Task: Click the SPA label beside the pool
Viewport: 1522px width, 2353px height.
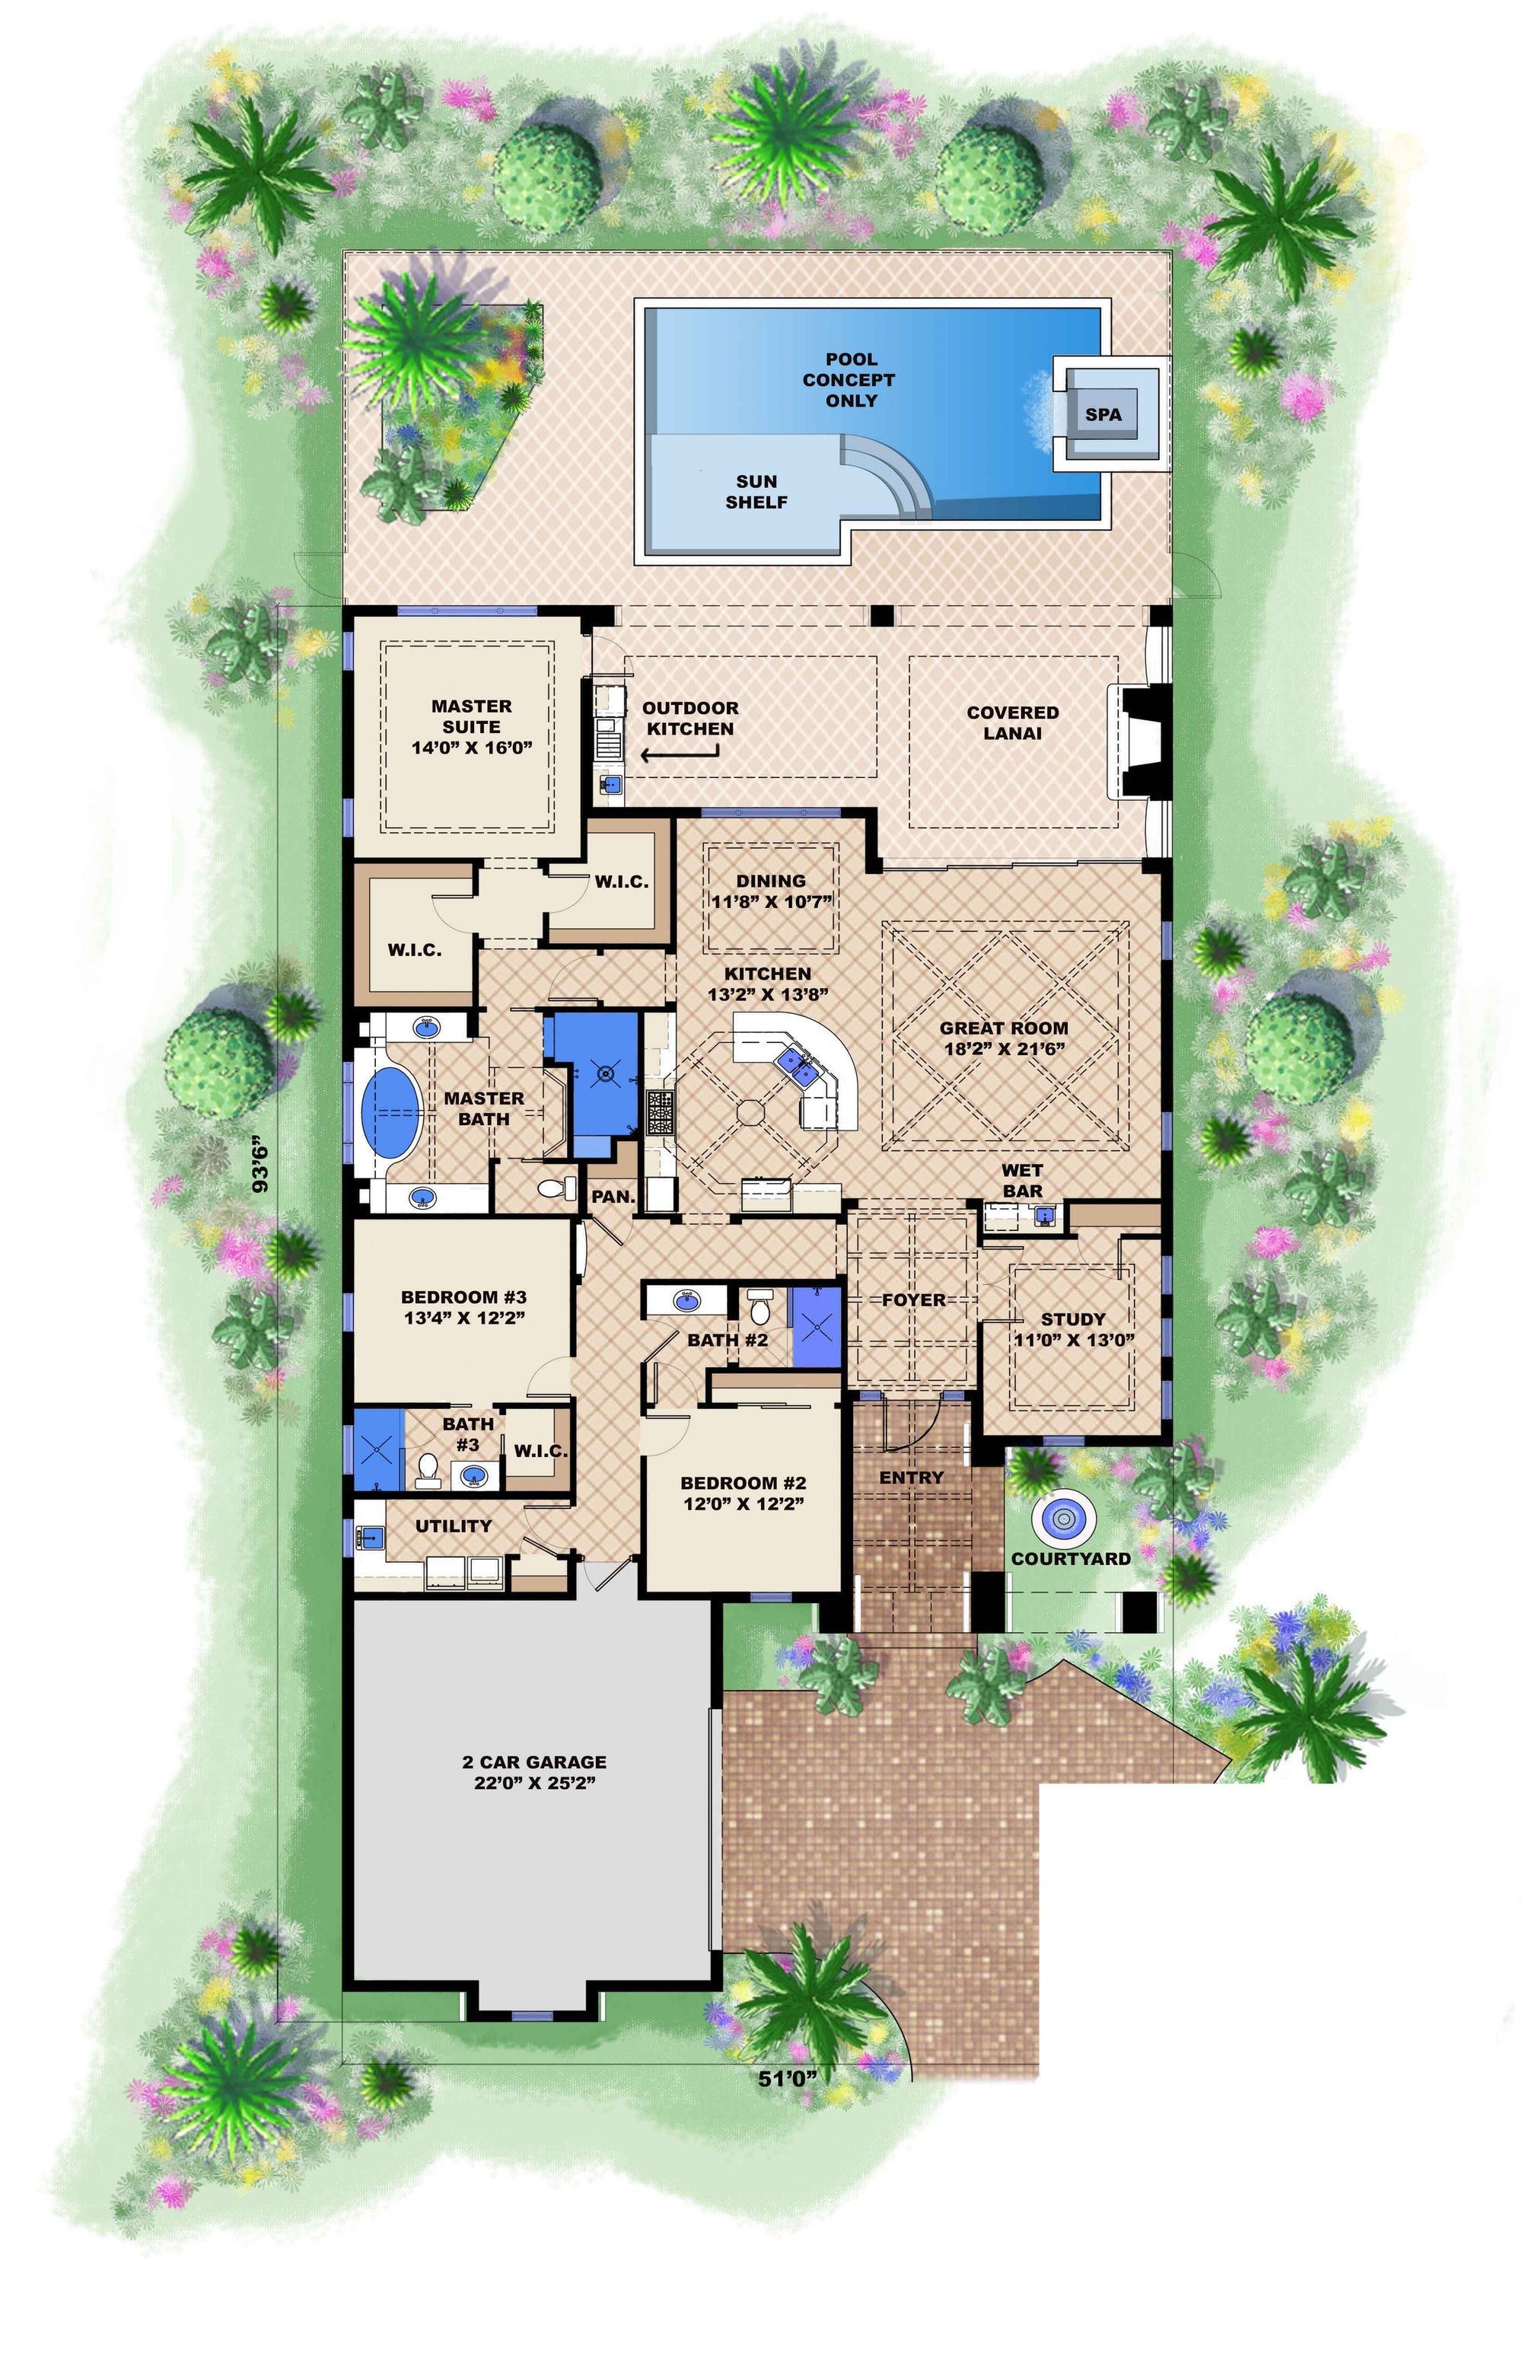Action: pyautogui.click(x=1103, y=414)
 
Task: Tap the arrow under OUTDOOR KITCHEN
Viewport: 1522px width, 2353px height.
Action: pyautogui.click(x=680, y=754)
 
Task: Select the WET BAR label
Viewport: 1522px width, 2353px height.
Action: pyautogui.click(x=1022, y=1181)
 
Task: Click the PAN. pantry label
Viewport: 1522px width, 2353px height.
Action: pyautogui.click(x=613, y=1196)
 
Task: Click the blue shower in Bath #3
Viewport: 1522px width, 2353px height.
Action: pyautogui.click(x=380, y=1449)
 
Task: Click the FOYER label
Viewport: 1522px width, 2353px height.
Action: pyautogui.click(x=913, y=1300)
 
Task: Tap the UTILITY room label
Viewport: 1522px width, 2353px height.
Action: pyautogui.click(x=453, y=1526)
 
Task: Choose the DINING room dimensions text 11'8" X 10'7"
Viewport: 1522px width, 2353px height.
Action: pyautogui.click(x=771, y=901)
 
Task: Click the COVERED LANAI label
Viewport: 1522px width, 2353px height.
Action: pyautogui.click(x=1012, y=722)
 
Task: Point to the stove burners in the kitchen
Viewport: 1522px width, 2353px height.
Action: pyautogui.click(x=658, y=1111)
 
